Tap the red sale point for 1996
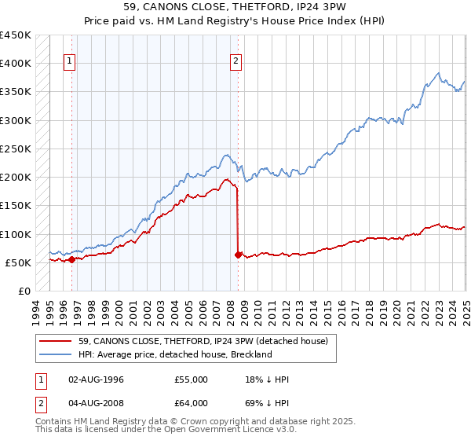point(71,258)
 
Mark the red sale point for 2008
point(238,254)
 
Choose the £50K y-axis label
point(19,262)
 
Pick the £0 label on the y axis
point(25,291)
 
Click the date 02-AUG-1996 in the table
point(97,379)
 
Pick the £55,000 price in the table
point(192,379)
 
